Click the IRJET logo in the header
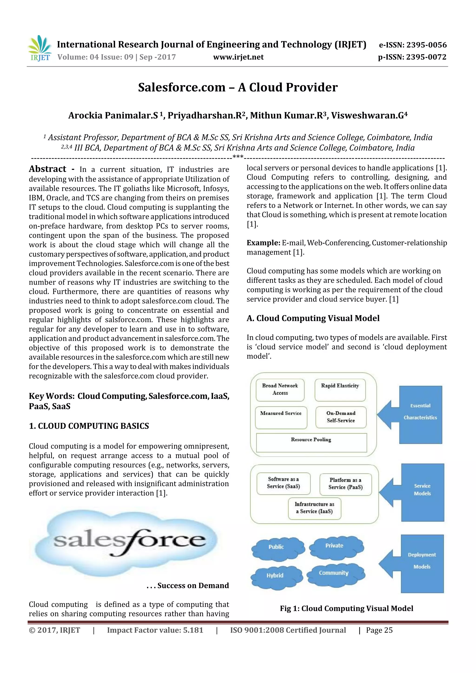[x=40, y=48]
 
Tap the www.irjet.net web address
[x=238, y=57]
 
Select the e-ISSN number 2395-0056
[x=426, y=45]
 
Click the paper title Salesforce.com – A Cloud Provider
[x=238, y=87]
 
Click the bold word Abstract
[x=47, y=169]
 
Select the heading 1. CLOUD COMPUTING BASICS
[x=89, y=426]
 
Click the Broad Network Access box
[x=280, y=390]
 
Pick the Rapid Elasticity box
[x=340, y=390]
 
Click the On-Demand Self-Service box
[x=341, y=417]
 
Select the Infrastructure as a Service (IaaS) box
[x=314, y=508]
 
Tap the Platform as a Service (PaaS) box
[x=345, y=484]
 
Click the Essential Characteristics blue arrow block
[x=416, y=414]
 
